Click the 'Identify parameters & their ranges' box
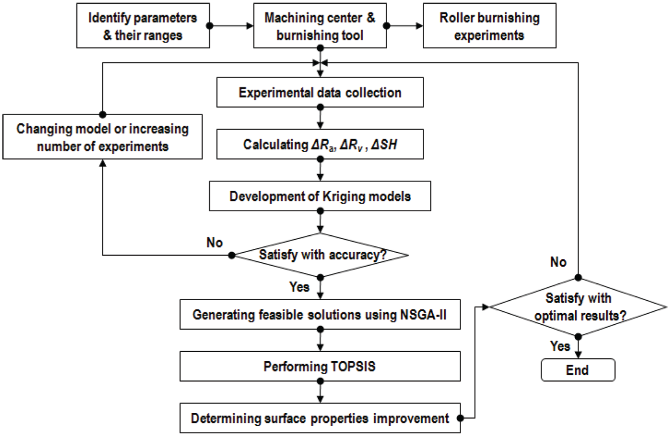pyautogui.click(x=143, y=26)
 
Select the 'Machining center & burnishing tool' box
pyautogui.click(x=320, y=26)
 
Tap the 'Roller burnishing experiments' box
pyautogui.click(x=490, y=26)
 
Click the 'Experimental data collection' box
pyautogui.click(x=320, y=92)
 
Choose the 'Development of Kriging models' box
pyautogui.click(x=320, y=196)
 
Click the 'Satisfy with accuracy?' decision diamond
pyautogui.click(x=320, y=255)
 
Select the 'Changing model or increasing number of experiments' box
pyautogui.click(x=103, y=137)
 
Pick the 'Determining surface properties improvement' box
pyautogui.click(x=320, y=418)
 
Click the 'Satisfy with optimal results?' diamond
pyautogui.click(x=578, y=307)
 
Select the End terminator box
pyautogui.click(x=578, y=370)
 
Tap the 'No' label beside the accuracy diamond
pyautogui.click(x=215, y=243)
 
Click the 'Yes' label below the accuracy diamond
pyautogui.click(x=299, y=287)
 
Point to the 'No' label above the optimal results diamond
pyautogui.click(x=558, y=262)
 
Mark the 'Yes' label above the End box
pyautogui.click(x=560, y=346)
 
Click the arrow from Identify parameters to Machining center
pyautogui.click(x=232, y=26)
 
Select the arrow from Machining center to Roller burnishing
pyautogui.click(x=405, y=26)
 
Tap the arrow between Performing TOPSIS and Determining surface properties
pyautogui.click(x=320, y=392)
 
